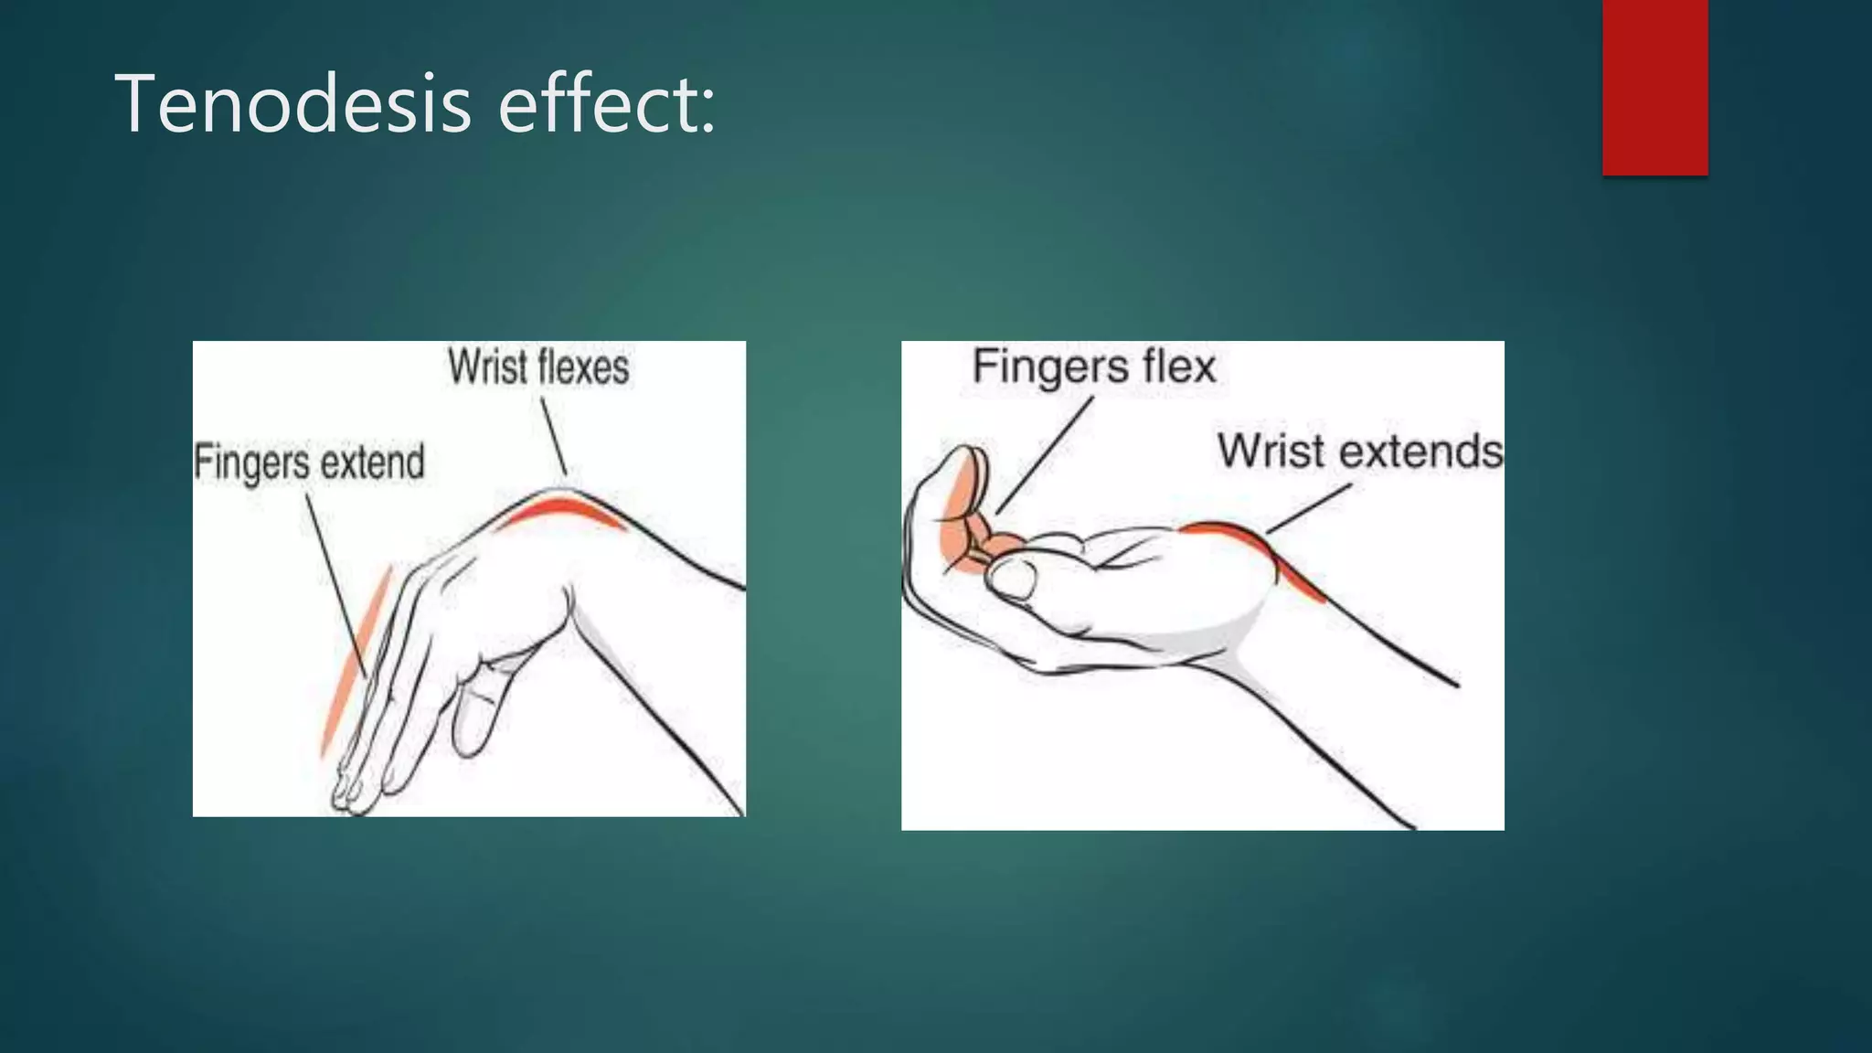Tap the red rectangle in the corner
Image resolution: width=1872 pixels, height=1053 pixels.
[x=1654, y=87]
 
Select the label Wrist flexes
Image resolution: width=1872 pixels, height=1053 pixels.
[x=538, y=367]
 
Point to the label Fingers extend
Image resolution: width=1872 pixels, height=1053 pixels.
[x=309, y=462]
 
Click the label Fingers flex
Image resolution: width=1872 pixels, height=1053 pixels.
[x=1093, y=367]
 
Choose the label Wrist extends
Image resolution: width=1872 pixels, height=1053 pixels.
[x=1359, y=452]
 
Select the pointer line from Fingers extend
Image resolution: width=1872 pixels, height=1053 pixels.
[x=335, y=585]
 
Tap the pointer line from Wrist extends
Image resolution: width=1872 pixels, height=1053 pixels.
[x=1309, y=508]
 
